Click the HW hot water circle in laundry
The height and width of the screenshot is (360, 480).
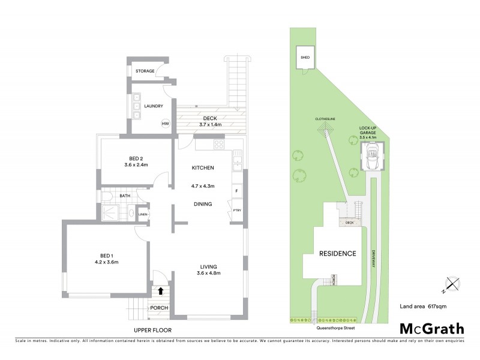tap(165, 124)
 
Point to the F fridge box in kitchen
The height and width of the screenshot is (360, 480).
tap(237, 192)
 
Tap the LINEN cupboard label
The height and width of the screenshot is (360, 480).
tap(143, 214)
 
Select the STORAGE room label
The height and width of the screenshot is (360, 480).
tap(145, 71)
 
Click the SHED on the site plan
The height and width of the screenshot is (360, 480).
tap(304, 58)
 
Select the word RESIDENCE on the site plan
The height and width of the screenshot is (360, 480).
tap(337, 253)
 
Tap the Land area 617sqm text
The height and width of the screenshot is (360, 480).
tap(423, 307)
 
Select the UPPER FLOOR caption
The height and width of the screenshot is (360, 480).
tap(153, 331)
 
